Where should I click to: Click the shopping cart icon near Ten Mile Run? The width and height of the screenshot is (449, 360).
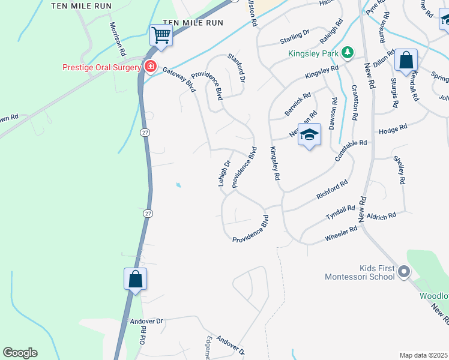pos(161,36)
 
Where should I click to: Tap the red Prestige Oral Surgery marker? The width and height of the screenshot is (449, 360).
pos(150,67)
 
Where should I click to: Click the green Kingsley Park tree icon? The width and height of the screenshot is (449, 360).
pos(347,53)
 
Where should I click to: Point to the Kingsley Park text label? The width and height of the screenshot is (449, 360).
pos(313,54)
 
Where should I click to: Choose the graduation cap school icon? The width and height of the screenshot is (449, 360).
pos(309,134)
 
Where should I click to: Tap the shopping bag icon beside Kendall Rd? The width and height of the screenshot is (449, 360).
pos(406,61)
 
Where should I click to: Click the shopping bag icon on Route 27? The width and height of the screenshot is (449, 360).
pos(136,279)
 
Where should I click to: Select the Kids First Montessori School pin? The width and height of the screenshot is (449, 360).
pos(404,272)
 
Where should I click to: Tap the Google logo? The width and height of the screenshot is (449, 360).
pos(20,353)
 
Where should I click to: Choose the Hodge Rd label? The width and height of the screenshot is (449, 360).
pos(393,129)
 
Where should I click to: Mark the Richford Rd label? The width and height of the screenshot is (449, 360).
pos(332,190)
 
